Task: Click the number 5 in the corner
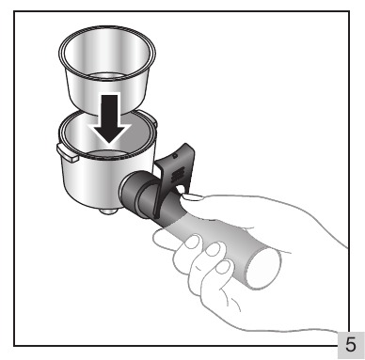pyautogui.click(x=351, y=345)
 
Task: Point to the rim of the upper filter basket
pyautogui.click(x=107, y=28)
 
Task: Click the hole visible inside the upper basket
pyautogui.click(x=106, y=76)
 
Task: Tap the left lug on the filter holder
pyautogui.click(x=67, y=152)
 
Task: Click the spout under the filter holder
pyautogui.click(x=109, y=211)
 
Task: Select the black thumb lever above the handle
pyautogui.click(x=173, y=176)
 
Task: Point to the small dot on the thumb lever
pyautogui.click(x=176, y=156)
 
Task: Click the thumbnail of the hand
pyautogui.click(x=192, y=197)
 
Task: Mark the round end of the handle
pyautogui.click(x=262, y=270)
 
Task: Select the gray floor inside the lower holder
pyautogui.click(x=108, y=154)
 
